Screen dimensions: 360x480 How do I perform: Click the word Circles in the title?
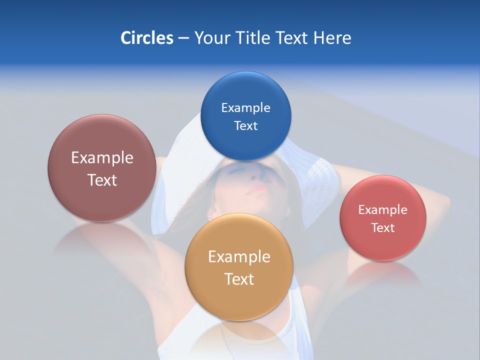[x=146, y=38]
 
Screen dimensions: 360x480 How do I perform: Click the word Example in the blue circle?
[x=245, y=107]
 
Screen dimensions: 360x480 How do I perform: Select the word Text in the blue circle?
[x=245, y=125]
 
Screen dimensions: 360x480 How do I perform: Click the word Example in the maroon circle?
[x=102, y=157]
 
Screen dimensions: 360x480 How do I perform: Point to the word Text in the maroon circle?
[x=102, y=180]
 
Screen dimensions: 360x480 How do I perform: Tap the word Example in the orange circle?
[x=239, y=256]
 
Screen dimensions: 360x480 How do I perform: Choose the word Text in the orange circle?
[x=239, y=279]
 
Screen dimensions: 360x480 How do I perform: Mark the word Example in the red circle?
[x=382, y=209]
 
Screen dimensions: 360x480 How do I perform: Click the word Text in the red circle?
[x=382, y=227]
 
